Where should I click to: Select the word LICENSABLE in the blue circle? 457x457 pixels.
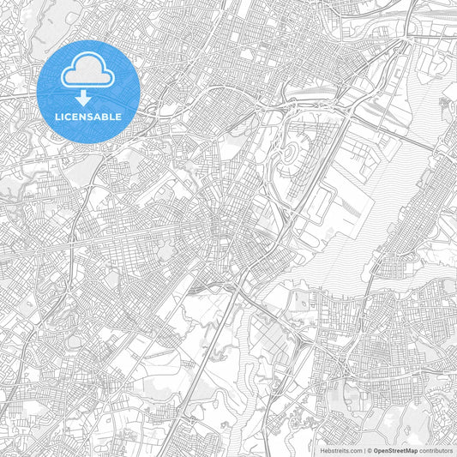88,117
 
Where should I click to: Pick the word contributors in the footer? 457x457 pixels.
436,449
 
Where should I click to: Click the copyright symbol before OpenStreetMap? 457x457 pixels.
370,449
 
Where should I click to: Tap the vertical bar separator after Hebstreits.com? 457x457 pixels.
364,449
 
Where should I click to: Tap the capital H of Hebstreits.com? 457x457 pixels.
323,449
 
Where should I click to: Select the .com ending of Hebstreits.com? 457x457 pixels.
356,449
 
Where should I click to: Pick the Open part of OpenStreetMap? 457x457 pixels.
381,449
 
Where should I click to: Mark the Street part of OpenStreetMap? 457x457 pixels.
396,449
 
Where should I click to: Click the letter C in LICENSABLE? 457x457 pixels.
68,117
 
